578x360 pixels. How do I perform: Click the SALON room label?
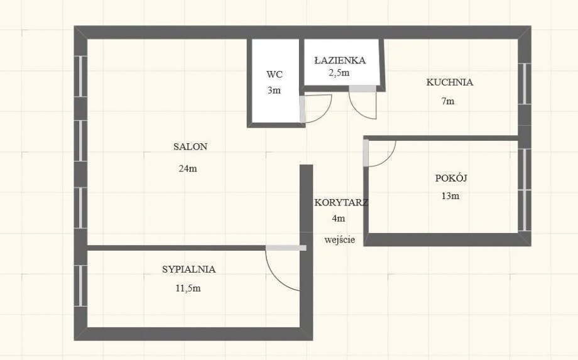click(190, 146)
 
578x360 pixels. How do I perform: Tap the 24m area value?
click(188, 169)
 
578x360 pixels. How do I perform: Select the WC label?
click(275, 74)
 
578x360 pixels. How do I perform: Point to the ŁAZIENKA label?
click(340, 60)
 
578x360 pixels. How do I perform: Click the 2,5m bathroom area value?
click(339, 73)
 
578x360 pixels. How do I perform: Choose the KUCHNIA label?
click(450, 82)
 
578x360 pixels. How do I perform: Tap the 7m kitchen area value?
click(448, 101)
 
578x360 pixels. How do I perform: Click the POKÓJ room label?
click(451, 178)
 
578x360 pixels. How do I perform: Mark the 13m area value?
click(450, 196)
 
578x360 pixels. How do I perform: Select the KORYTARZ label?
click(341, 202)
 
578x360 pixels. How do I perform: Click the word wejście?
click(340, 240)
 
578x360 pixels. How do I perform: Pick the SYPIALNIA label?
click(188, 270)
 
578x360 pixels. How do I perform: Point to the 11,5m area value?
click(188, 288)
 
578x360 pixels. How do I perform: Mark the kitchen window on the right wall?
click(525, 84)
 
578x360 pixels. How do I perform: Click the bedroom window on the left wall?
click(80, 286)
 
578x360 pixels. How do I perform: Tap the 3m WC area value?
click(275, 90)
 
